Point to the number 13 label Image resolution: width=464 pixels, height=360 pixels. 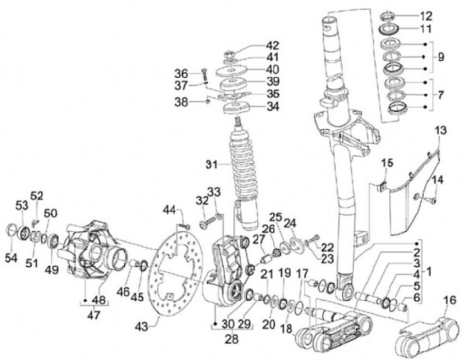pyautogui.click(x=440, y=131)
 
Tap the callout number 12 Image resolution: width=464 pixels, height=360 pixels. pyautogui.click(x=426, y=15)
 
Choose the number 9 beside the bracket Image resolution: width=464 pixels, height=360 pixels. pyautogui.click(x=440, y=57)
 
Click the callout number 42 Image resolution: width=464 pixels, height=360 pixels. pyautogui.click(x=273, y=45)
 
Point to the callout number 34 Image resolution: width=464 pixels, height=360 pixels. pyautogui.click(x=273, y=106)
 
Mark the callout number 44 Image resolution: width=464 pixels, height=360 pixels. pyautogui.click(x=169, y=210)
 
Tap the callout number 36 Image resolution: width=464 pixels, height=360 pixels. pyautogui.click(x=181, y=72)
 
